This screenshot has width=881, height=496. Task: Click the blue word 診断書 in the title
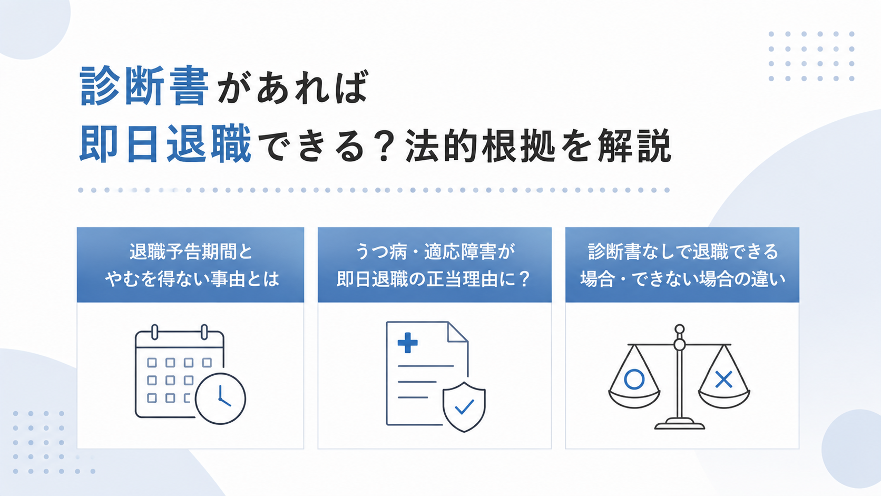pyautogui.click(x=144, y=86)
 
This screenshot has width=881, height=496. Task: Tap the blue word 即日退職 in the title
pyautogui.click(x=165, y=143)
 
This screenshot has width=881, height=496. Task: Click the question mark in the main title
pyautogui.click(x=382, y=145)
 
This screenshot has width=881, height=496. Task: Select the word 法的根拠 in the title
pyautogui.click(x=480, y=145)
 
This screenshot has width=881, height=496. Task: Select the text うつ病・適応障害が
pyautogui.click(x=435, y=252)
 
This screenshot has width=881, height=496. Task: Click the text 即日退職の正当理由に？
pyautogui.click(x=434, y=279)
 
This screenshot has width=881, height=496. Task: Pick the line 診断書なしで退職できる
pyautogui.click(x=683, y=252)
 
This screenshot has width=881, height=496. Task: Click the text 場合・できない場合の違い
pyautogui.click(x=683, y=279)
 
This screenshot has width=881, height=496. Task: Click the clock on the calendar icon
pyautogui.click(x=220, y=398)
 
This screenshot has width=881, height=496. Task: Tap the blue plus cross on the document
pyautogui.click(x=407, y=343)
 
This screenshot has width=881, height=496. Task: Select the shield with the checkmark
pyautogui.click(x=464, y=407)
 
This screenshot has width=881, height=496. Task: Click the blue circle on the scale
pyautogui.click(x=634, y=380)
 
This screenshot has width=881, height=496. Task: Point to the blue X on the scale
pyautogui.click(x=723, y=380)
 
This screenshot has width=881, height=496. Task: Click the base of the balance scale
pyautogui.click(x=680, y=424)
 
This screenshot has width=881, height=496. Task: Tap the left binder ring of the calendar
pyautogui.click(x=154, y=332)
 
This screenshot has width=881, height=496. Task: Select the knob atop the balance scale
pyautogui.click(x=680, y=329)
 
